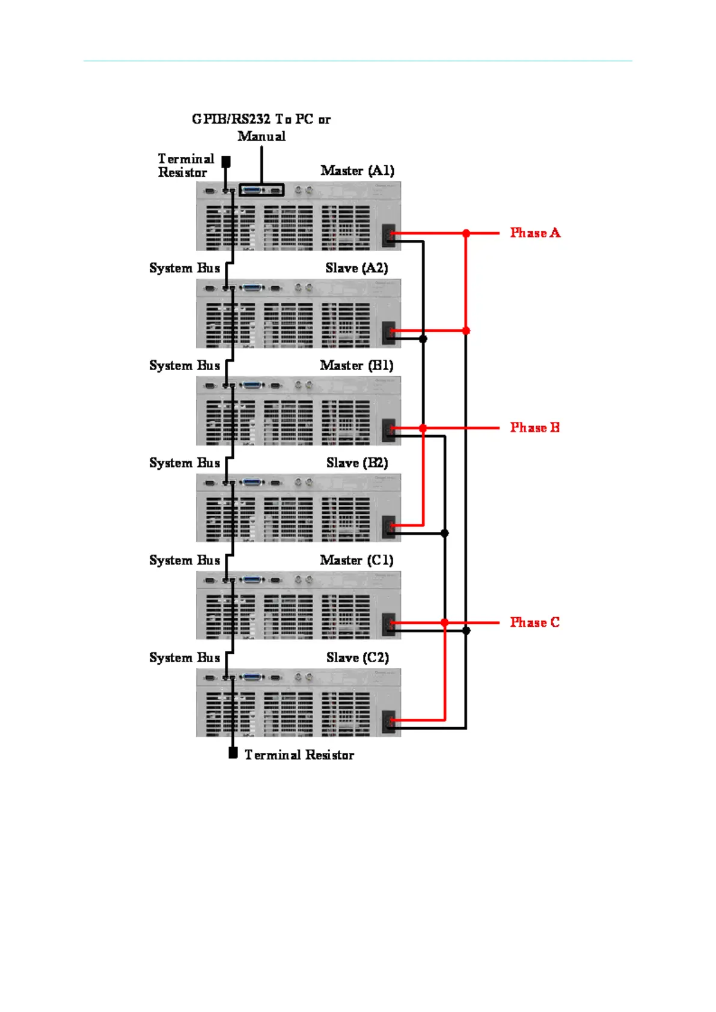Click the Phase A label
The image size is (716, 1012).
pos(534,233)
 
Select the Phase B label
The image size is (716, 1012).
pos(534,427)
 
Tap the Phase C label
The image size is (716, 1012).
pos(534,622)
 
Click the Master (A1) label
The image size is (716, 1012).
pos(357,171)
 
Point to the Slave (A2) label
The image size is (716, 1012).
pos(356,268)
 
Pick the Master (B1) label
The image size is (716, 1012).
pos(356,365)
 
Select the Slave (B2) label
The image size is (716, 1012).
pos(357,463)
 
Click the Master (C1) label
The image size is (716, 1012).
pos(356,560)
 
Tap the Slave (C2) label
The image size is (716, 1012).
pos(357,657)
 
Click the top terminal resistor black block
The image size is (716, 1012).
pos(226,162)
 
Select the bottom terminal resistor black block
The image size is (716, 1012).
pos(233,753)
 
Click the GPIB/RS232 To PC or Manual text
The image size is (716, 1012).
pos(262,127)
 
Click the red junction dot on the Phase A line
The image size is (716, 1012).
pos(466,233)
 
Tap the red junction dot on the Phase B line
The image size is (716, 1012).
pos(423,428)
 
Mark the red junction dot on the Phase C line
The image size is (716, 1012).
pos(445,623)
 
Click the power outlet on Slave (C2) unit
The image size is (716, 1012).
pos(389,721)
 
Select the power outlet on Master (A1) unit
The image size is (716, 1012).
pos(389,235)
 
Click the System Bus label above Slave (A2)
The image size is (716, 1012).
pos(185,268)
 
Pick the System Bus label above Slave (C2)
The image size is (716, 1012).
pos(185,657)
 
